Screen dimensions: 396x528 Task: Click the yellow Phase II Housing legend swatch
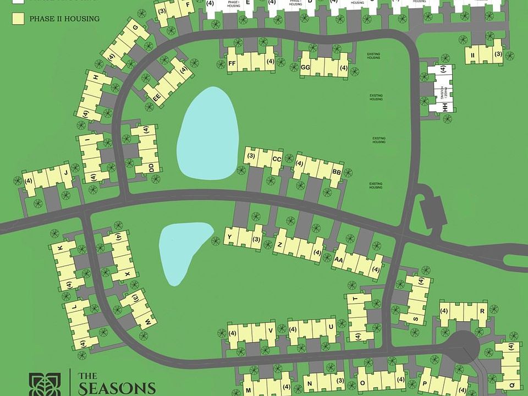point(18,19)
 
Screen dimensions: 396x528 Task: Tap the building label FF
point(232,64)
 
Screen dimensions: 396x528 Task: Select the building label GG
point(306,68)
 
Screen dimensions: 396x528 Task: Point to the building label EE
point(157,97)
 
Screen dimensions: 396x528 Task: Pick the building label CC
point(277,159)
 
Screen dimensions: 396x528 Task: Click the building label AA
point(339,260)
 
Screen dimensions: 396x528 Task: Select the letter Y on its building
point(230,238)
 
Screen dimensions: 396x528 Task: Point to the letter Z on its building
point(280,244)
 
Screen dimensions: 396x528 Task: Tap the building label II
point(472,54)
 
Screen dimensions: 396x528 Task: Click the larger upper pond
point(208,134)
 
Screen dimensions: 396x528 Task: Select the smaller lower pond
point(183,250)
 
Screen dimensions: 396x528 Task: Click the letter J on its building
point(66,173)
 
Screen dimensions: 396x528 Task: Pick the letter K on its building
point(60,249)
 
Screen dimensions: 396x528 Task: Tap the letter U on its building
point(331,327)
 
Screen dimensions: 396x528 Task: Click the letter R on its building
point(482,311)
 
